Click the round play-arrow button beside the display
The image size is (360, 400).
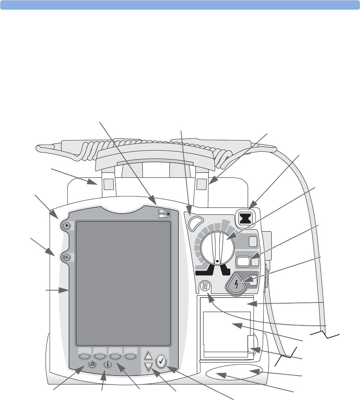tap(66, 225)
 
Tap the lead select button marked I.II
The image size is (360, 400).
tap(66, 257)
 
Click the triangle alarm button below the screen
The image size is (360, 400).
tap(93, 364)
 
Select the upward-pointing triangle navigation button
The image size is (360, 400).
tap(148, 355)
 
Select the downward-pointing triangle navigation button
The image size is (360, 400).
tap(148, 367)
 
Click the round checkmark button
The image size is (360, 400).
tap(162, 361)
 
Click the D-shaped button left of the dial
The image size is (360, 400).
tap(194, 222)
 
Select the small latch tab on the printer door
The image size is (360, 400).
tap(251, 344)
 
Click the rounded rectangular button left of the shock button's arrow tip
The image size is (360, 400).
tap(243, 262)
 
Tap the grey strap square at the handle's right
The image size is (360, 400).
tap(202, 183)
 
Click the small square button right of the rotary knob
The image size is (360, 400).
tap(254, 242)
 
